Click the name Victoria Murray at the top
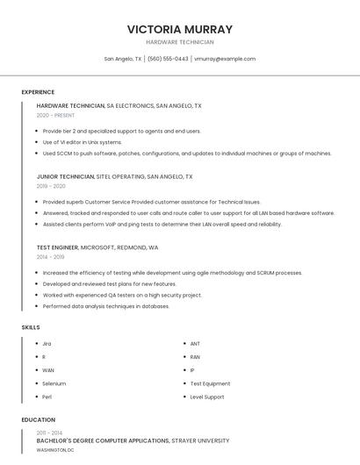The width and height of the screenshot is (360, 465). [x=179, y=29]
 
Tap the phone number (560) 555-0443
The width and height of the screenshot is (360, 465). [x=168, y=59]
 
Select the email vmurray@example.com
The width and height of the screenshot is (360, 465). [x=225, y=59]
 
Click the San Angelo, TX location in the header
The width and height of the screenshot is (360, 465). [x=123, y=59]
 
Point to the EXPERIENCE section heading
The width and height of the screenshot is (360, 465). [x=38, y=92]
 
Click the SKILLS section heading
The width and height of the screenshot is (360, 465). [x=31, y=327]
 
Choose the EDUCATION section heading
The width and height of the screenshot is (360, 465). [x=39, y=419]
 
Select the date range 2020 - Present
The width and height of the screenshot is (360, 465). [x=55, y=115]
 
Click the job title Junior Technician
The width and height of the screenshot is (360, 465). [x=66, y=176]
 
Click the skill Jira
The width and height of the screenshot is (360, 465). [x=47, y=344]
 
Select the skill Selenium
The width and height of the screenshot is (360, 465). [x=54, y=383]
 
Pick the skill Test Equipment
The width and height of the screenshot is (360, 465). [x=210, y=383]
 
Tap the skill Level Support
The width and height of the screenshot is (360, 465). [x=207, y=397]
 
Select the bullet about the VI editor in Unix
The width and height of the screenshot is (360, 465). [x=82, y=142]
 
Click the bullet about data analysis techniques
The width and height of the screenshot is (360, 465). [x=105, y=306]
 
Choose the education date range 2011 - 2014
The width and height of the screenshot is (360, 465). [x=50, y=433]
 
